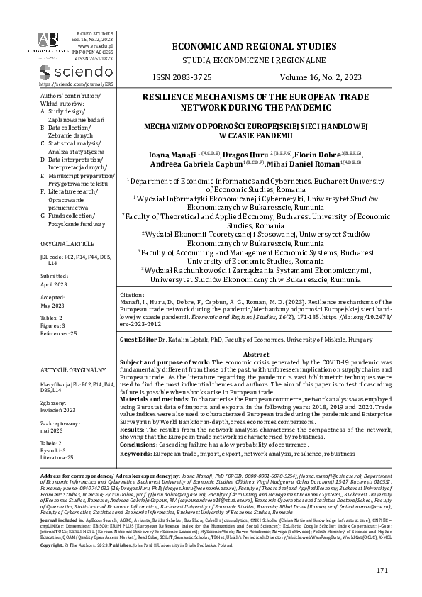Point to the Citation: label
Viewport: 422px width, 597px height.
coord(135,293)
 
